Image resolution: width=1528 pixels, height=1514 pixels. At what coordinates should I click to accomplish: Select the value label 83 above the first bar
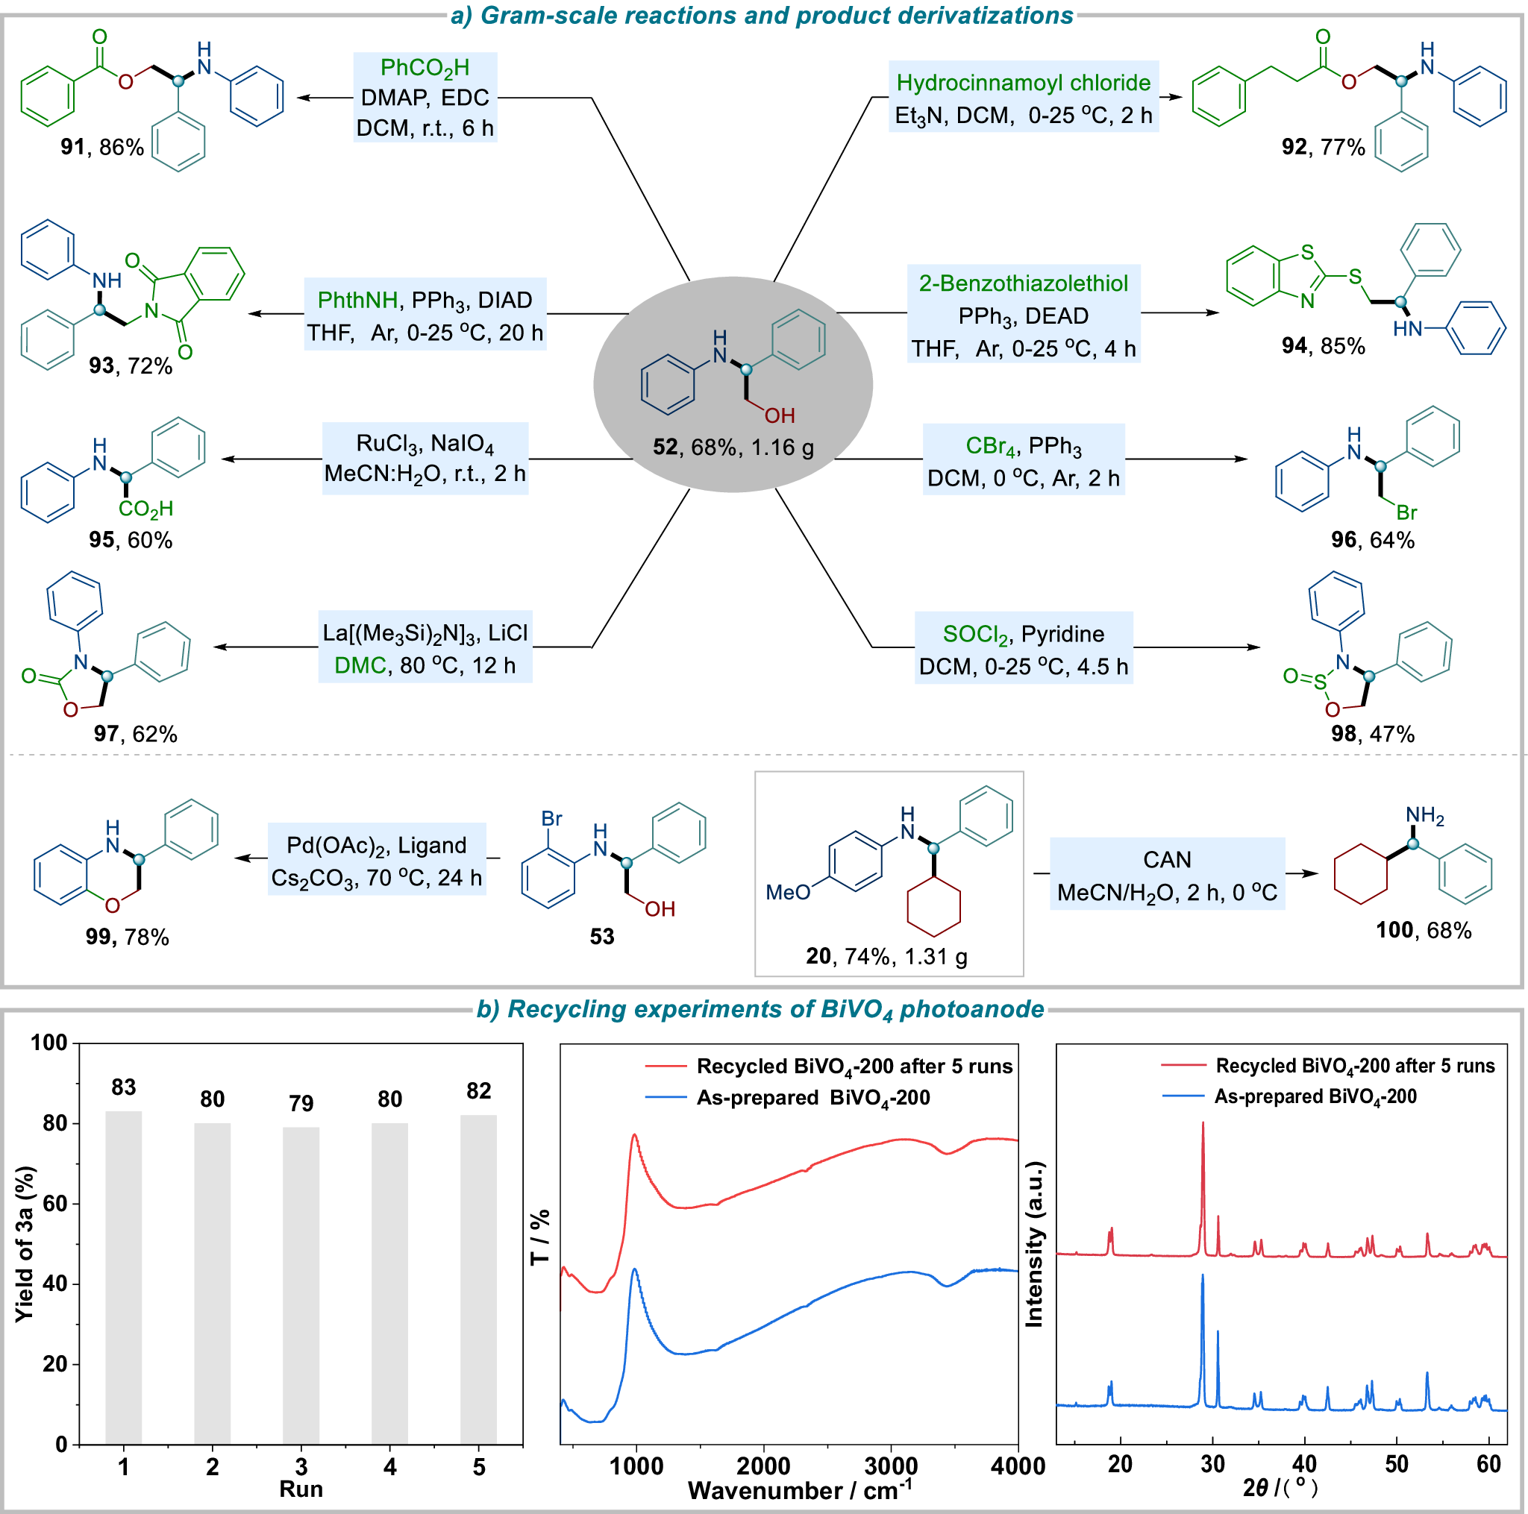pos(123,1087)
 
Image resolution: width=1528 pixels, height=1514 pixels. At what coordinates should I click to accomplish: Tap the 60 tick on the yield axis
pos(54,1204)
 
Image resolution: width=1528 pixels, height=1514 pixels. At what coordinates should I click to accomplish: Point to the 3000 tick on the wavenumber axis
pos(891,1466)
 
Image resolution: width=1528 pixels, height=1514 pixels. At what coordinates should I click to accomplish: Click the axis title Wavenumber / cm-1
pos(800,1490)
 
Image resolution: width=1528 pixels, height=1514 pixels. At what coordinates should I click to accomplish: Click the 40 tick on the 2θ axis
pos(1304,1464)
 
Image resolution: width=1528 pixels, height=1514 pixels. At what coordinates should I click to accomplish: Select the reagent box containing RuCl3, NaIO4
pos(425,459)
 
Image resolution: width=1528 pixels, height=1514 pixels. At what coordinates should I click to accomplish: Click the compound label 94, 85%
pos(1323,346)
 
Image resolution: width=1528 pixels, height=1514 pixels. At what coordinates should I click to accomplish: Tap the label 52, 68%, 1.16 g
pos(733,447)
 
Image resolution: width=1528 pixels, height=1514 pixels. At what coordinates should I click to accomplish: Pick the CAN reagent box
pos(1167,874)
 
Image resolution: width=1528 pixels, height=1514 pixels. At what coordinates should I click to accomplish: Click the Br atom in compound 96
pos(1406,512)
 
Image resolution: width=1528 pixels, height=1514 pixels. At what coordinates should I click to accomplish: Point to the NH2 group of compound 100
pos(1424,815)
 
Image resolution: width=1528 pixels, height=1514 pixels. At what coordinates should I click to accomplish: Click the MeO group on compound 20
pos(788,893)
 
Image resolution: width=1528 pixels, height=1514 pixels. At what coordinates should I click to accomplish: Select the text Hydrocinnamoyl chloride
pos(1024,82)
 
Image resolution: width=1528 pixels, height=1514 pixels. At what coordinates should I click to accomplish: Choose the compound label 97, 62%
pos(135,734)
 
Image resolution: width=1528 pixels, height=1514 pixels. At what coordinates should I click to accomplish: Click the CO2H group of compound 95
pos(145,509)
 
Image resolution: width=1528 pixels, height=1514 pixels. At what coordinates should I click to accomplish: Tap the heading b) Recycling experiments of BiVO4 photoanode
pos(760,1009)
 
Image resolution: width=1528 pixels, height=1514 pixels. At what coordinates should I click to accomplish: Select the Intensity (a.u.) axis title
pos(1033,1243)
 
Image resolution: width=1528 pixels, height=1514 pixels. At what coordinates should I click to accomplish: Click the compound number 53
pos(602,937)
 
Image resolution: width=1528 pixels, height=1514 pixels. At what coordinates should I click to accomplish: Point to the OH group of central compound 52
pos(779,416)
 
